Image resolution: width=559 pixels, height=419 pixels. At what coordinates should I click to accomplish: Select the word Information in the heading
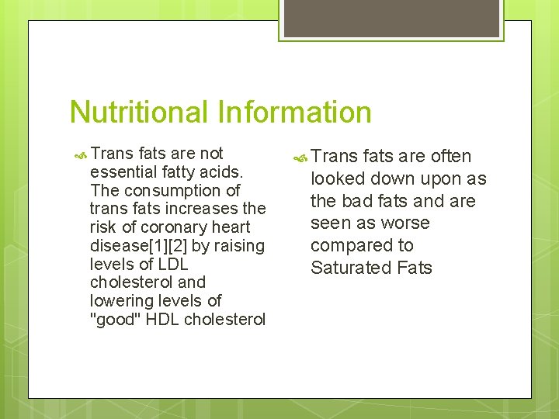point(296,113)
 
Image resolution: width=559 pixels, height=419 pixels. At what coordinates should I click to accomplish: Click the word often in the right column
point(450,156)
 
